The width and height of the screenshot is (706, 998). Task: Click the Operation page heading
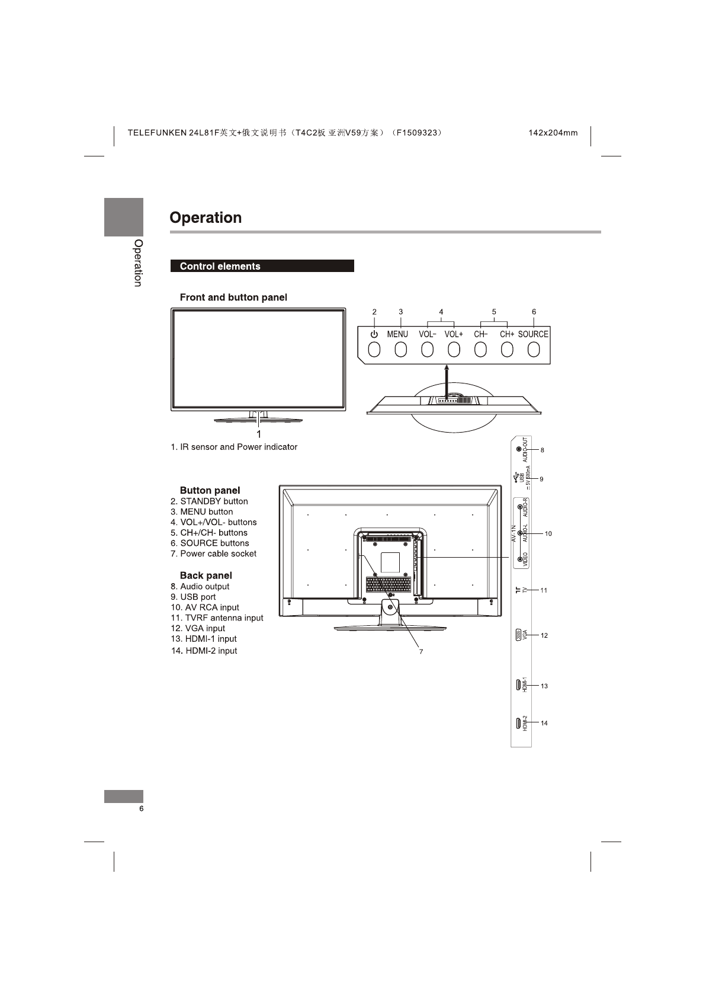click(206, 217)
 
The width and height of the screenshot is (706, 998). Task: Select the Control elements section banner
click(262, 266)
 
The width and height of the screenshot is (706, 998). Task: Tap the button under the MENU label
click(401, 350)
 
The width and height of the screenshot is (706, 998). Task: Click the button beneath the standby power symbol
click(374, 350)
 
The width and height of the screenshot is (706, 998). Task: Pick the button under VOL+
click(454, 350)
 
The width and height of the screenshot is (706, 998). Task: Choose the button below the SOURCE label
click(534, 350)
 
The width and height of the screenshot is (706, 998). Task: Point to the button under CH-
click(480, 350)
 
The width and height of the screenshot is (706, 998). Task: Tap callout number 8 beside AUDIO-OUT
click(542, 450)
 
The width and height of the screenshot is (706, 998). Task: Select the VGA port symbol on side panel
click(518, 635)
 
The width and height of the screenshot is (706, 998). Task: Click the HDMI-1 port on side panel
click(518, 686)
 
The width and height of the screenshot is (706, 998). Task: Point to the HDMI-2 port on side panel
click(518, 723)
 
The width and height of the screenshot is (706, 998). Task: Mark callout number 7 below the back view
click(421, 651)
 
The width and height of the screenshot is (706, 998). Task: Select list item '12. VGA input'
click(198, 628)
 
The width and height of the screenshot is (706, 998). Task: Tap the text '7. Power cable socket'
click(213, 554)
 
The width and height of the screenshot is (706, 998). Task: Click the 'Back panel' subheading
click(206, 575)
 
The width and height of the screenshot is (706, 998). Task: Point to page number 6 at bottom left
click(141, 810)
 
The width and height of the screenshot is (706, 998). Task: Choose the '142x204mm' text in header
click(553, 133)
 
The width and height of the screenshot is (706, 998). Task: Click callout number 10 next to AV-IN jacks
click(548, 534)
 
